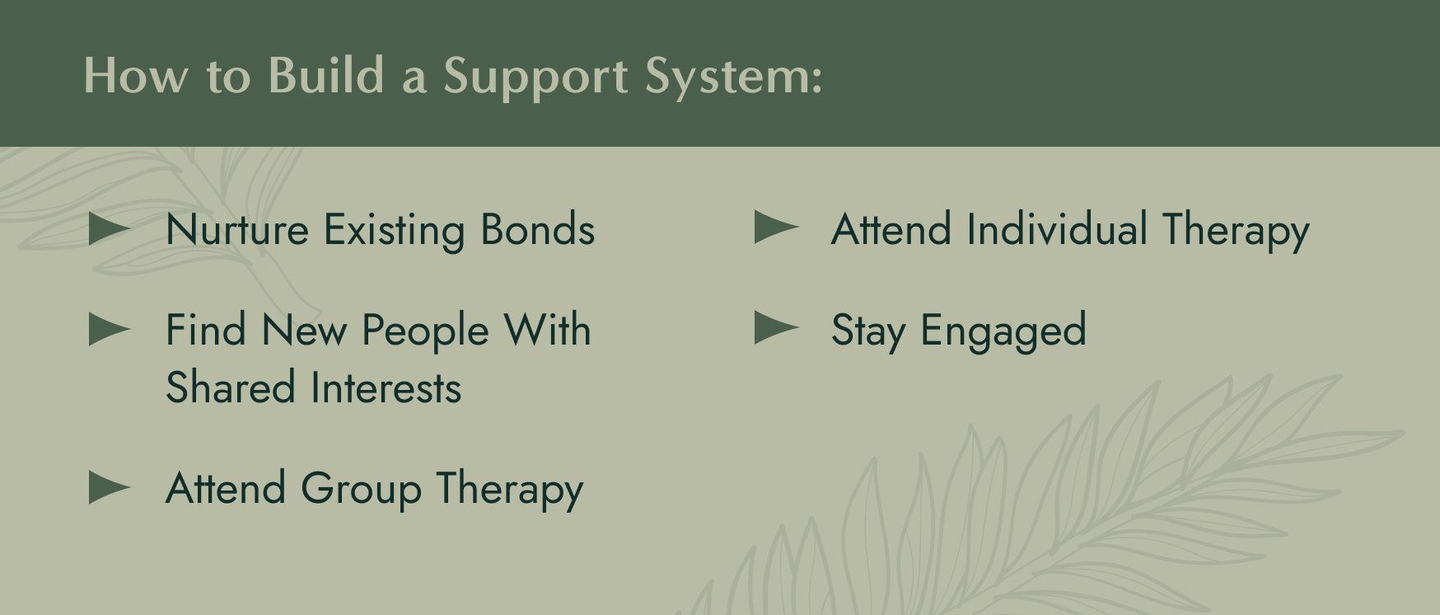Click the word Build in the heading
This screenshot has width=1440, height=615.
point(326,76)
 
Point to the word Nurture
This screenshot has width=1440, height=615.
point(236,230)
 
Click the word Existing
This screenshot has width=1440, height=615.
point(394,231)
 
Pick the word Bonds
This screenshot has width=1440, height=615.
point(537,230)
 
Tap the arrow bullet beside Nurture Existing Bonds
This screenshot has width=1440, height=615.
point(109,229)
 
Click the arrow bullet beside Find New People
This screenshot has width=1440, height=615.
point(109,330)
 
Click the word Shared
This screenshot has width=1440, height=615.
point(231,388)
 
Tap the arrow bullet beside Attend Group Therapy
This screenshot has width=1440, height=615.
point(109,487)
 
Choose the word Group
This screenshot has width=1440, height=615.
point(361,490)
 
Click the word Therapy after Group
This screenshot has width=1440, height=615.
point(510,490)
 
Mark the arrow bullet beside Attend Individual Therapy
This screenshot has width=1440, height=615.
point(775,228)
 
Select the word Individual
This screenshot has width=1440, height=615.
point(1057,229)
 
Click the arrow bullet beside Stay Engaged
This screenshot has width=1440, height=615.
point(775,328)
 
